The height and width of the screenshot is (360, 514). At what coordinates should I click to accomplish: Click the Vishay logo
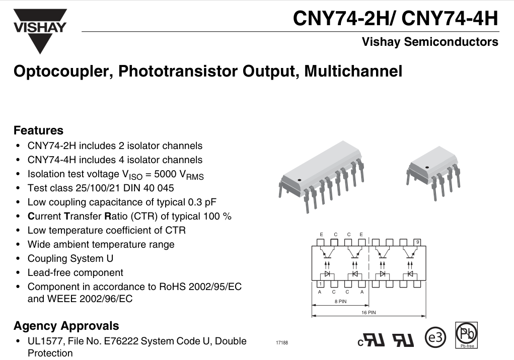(x=40, y=31)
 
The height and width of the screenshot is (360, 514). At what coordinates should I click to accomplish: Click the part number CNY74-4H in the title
(x=450, y=18)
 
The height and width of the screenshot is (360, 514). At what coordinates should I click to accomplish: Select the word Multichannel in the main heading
(x=353, y=71)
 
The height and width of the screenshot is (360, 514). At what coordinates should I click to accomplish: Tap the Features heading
(x=38, y=130)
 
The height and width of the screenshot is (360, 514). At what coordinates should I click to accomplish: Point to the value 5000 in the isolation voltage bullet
(x=166, y=174)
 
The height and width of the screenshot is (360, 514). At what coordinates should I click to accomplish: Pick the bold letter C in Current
(x=31, y=217)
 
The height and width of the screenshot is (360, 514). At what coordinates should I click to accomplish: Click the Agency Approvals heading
(x=66, y=326)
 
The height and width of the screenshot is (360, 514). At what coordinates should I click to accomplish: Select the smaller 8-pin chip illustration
(x=433, y=173)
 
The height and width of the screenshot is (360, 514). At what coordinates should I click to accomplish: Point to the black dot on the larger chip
(x=299, y=180)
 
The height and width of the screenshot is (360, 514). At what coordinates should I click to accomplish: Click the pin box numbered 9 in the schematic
(x=417, y=242)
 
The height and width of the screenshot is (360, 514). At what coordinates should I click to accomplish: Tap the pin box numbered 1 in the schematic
(x=320, y=284)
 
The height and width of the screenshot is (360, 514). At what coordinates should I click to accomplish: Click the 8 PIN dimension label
(x=340, y=301)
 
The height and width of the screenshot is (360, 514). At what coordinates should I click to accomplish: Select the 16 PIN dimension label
(x=369, y=313)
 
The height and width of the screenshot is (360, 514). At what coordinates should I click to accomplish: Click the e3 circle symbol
(x=435, y=337)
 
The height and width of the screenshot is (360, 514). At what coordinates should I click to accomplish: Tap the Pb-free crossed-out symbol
(x=467, y=335)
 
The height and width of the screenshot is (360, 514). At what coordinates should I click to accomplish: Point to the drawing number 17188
(x=282, y=342)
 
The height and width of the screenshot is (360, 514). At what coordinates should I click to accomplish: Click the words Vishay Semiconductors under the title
(x=430, y=42)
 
